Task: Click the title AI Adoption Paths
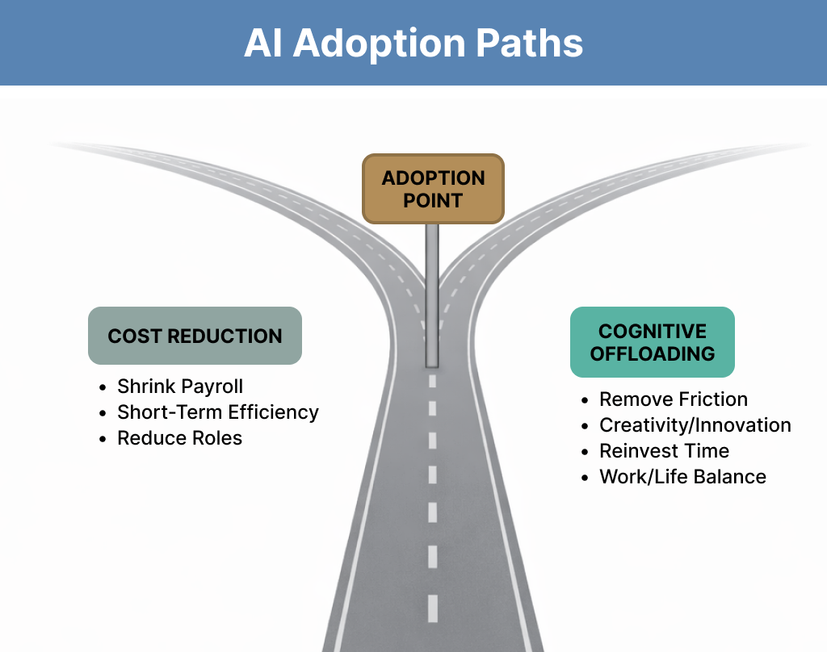tap(413, 44)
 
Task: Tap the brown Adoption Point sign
tap(433, 189)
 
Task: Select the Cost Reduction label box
tap(195, 336)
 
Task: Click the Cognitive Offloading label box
tap(653, 342)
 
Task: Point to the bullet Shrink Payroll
tap(180, 387)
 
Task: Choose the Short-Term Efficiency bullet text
tap(218, 412)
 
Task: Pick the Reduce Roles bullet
tap(179, 438)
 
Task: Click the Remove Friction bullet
tap(674, 399)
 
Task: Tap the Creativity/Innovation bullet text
tap(695, 425)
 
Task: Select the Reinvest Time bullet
tap(664, 451)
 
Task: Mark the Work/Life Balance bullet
tap(682, 477)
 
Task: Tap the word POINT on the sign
tap(433, 199)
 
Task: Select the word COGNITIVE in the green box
tap(653, 332)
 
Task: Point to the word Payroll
tap(211, 387)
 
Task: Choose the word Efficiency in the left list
tap(274, 412)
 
